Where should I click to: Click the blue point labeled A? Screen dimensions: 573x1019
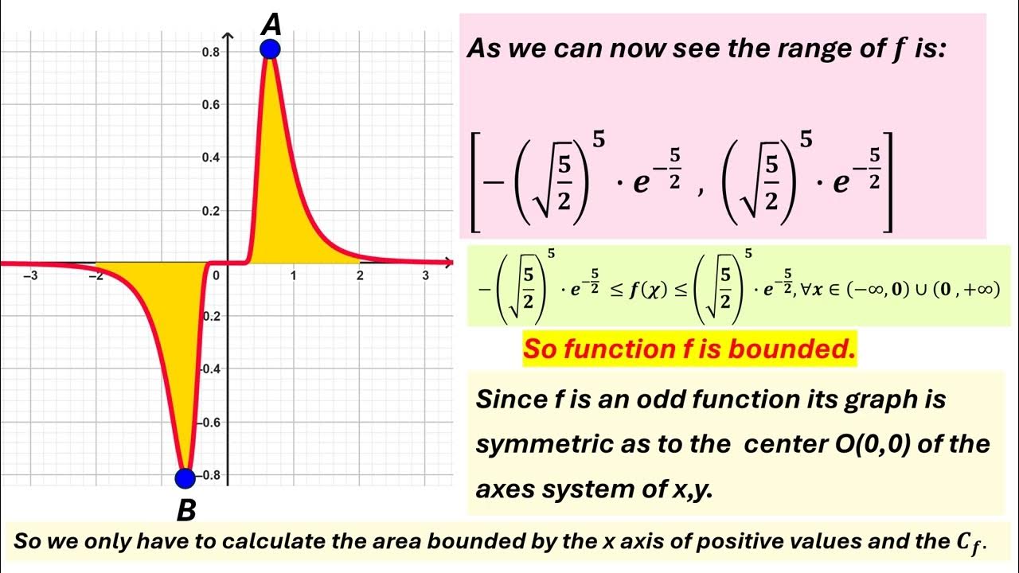tap(270, 49)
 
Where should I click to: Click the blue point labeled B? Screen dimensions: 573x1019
tap(185, 477)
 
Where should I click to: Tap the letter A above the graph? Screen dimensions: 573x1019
tap(271, 25)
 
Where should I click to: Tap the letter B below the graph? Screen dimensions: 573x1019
tap(185, 510)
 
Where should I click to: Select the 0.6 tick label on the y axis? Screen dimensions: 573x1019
tap(211, 105)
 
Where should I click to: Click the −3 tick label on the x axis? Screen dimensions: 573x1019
tap(31, 276)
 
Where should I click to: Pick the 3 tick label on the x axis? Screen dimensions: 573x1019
tap(425, 276)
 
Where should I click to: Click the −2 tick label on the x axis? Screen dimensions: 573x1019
tap(96, 276)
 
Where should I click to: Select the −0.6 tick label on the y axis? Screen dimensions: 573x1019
tap(209, 423)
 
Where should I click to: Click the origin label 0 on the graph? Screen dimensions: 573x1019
tap(215, 276)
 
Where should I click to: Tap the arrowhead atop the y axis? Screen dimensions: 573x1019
tap(228, 37)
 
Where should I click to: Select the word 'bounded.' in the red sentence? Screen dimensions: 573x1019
tap(797, 349)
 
